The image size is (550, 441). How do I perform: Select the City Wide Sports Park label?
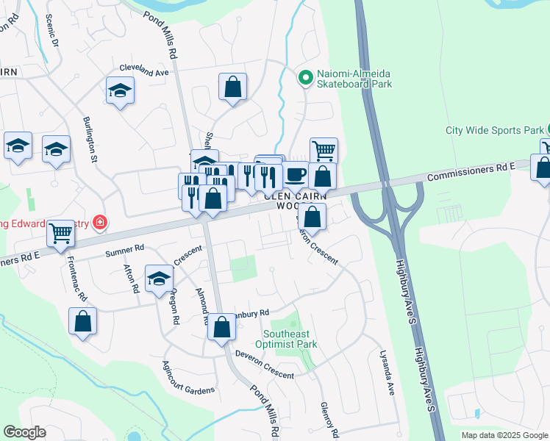(x=493, y=130)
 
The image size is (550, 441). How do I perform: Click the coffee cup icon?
(x=296, y=175)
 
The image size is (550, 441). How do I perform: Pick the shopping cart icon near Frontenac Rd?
(x=60, y=234)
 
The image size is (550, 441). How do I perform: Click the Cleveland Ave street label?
(x=145, y=72)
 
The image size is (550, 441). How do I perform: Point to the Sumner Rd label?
(x=125, y=251)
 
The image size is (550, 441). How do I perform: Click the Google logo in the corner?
(x=24, y=432)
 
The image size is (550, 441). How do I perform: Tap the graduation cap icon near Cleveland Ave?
(x=120, y=90)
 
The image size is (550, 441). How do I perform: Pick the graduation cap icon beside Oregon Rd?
(x=158, y=279)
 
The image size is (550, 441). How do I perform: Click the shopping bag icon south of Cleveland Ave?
(x=232, y=87)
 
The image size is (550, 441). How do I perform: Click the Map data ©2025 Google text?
(x=504, y=435)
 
